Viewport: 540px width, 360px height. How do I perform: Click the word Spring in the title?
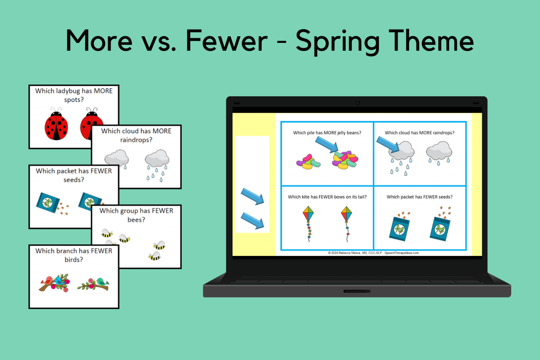(x=337, y=41)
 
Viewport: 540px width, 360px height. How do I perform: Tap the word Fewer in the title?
(x=227, y=40)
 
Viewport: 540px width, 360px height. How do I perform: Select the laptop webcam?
(x=357, y=103)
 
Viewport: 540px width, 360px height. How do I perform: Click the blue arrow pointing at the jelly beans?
(x=327, y=144)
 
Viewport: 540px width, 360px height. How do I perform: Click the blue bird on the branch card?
(x=59, y=281)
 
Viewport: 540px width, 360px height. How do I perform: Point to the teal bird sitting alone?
(x=102, y=282)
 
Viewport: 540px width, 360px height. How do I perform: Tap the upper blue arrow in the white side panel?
(x=252, y=197)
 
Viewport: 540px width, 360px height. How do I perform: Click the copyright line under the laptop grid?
(x=373, y=253)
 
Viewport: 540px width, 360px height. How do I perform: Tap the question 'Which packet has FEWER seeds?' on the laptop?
(x=419, y=197)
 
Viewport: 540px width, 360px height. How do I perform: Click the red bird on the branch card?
(x=47, y=281)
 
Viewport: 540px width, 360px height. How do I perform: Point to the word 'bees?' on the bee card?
(x=136, y=220)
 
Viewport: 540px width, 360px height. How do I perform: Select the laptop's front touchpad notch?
(x=357, y=291)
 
